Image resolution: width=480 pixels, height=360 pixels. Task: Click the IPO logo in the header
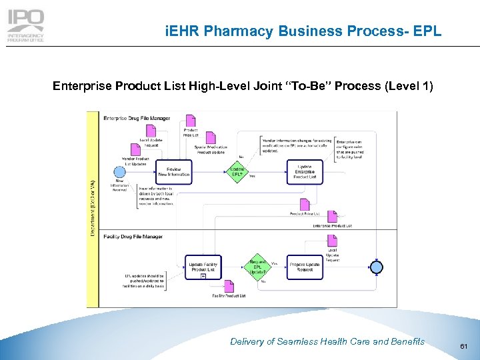pyautogui.click(x=26, y=26)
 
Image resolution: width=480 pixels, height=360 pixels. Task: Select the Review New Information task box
pyautogui.click(x=173, y=171)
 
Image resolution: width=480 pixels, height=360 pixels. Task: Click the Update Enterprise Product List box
pyautogui.click(x=305, y=171)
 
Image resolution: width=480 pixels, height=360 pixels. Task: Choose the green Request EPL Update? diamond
pyautogui.click(x=257, y=266)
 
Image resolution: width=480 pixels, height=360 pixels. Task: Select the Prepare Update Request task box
pyautogui.click(x=305, y=267)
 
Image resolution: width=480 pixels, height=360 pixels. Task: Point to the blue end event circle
pyautogui.click(x=377, y=267)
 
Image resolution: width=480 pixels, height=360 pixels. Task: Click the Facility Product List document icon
pyautogui.click(x=229, y=286)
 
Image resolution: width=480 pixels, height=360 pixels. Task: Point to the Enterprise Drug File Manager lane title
pyautogui.click(x=137, y=118)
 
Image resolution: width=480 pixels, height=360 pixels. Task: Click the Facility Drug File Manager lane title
pyautogui.click(x=133, y=236)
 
